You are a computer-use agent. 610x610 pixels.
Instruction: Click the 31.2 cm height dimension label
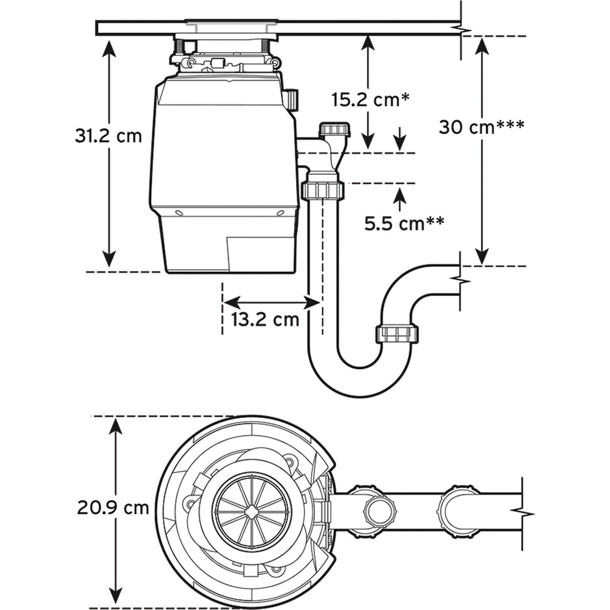coord(105,136)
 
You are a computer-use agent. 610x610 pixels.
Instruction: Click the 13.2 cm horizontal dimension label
coord(265,319)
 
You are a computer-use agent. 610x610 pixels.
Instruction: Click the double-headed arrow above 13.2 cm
coord(271,302)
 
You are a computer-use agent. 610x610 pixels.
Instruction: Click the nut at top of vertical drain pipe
coord(323,190)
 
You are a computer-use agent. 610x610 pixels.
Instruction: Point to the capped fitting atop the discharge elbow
coord(337,129)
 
